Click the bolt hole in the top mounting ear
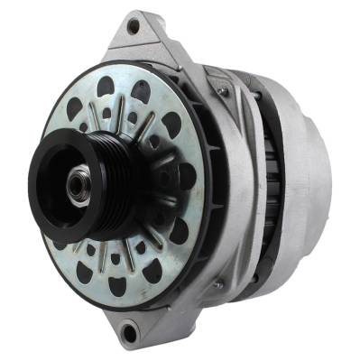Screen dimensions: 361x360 (x=134, y=26)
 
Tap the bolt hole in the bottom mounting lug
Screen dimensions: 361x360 (x=129, y=332)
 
